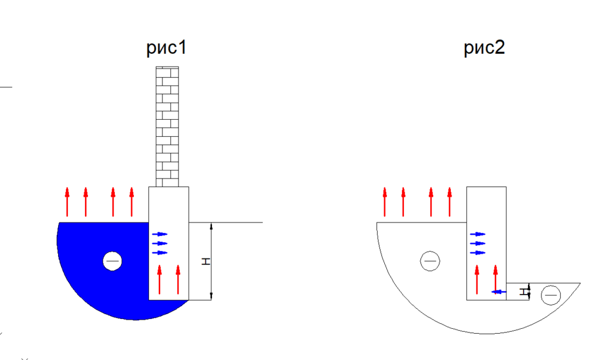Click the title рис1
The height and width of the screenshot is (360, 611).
pos(167,48)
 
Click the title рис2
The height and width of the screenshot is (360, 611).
pos(485,48)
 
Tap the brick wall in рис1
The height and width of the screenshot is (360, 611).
pos(167,127)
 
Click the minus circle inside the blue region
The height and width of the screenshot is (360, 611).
pos(112,261)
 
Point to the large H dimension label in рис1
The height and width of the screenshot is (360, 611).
pos(206,262)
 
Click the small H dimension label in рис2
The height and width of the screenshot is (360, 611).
pos(524,292)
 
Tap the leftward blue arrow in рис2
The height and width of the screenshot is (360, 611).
pos(499,292)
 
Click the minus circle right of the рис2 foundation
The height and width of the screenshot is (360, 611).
pos(551,295)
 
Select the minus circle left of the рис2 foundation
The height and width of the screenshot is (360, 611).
pos(430,261)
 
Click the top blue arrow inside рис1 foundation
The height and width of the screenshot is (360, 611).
pos(159,234)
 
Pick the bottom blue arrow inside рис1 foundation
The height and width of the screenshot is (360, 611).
pos(159,253)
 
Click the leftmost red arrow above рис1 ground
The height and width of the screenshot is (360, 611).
pos(67,202)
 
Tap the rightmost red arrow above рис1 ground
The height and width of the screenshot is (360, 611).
pos(132,202)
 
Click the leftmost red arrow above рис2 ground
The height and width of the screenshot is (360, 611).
pos(384,202)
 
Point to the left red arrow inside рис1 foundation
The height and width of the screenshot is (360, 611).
pos(159,279)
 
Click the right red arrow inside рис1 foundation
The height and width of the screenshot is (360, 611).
pos(178,279)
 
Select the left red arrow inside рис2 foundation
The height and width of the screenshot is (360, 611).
pos(477,279)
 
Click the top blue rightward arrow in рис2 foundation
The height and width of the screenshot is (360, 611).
pos(478,234)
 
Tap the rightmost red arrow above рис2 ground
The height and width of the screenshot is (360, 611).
pos(450,202)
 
